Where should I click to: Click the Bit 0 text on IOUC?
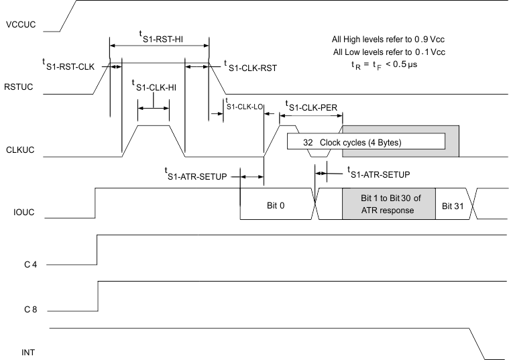pos(277,204)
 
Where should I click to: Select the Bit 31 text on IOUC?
pos(452,204)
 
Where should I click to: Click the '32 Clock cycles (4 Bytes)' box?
pos(366,141)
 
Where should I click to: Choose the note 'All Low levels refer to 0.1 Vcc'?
pos(388,52)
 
